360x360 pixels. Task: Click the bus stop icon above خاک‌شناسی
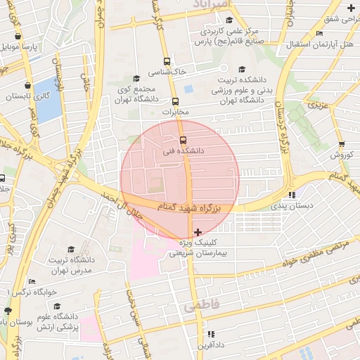click(x=167, y=61)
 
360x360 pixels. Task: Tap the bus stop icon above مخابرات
click(x=176, y=101)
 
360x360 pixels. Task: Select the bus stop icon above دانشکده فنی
click(x=183, y=139)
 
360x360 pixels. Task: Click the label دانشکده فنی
click(x=183, y=150)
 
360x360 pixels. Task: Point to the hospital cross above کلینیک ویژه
click(x=198, y=231)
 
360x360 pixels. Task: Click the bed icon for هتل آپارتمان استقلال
click(x=320, y=33)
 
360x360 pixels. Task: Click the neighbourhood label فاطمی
click(x=202, y=307)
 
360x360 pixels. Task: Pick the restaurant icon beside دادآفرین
click(x=210, y=334)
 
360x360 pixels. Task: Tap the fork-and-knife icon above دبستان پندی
click(x=292, y=195)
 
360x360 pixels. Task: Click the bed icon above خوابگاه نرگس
click(x=31, y=281)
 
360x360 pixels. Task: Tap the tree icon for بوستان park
click(x=8, y=310)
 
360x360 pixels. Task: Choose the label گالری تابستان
click(x=28, y=97)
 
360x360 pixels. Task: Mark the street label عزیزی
click(x=319, y=105)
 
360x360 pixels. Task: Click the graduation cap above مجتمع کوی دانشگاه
click(x=136, y=79)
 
